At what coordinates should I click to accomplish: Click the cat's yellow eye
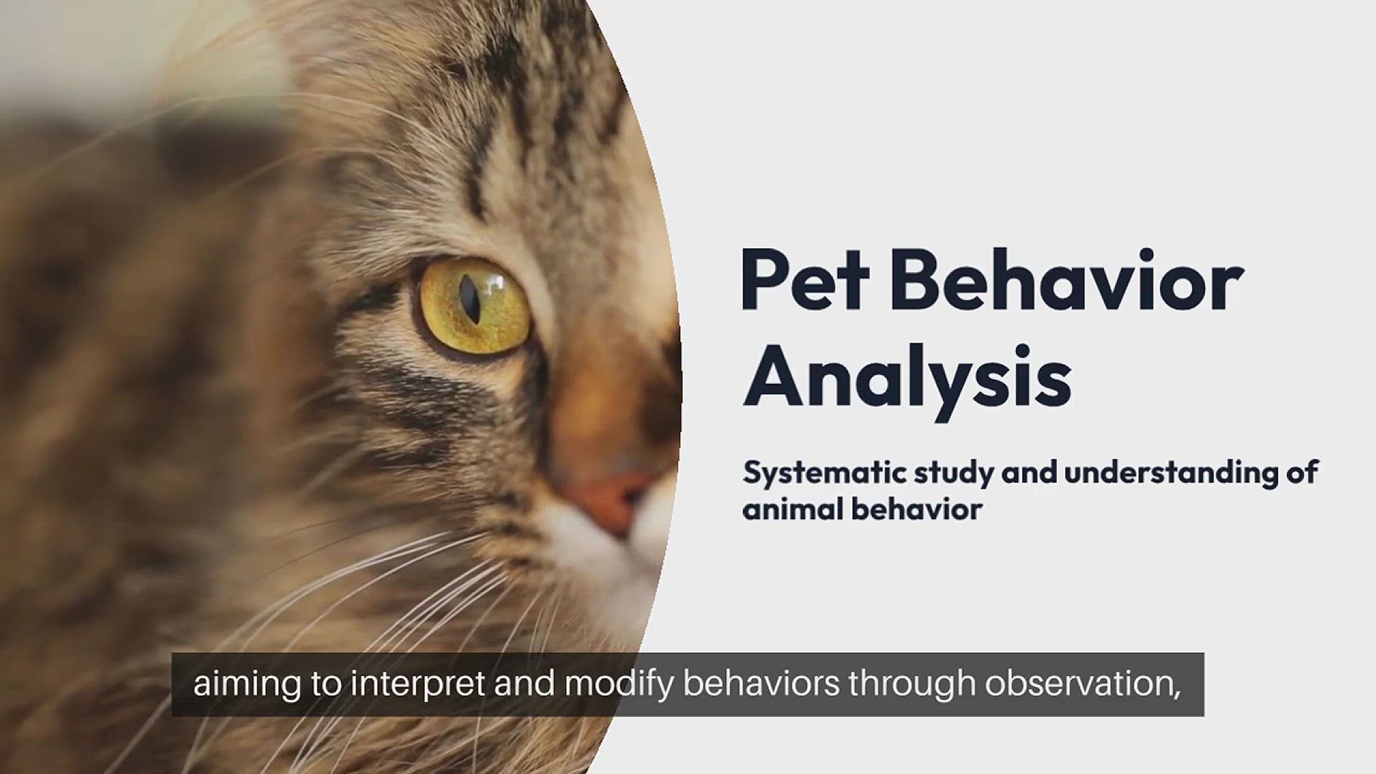tap(474, 307)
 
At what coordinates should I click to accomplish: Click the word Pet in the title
tap(805, 281)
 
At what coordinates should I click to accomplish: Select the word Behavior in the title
tap(1067, 281)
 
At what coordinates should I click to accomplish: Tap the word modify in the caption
tap(619, 684)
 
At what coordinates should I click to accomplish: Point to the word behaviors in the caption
tap(761, 684)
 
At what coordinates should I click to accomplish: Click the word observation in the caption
tap(1082, 684)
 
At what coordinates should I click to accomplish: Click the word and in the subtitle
tap(1029, 473)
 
